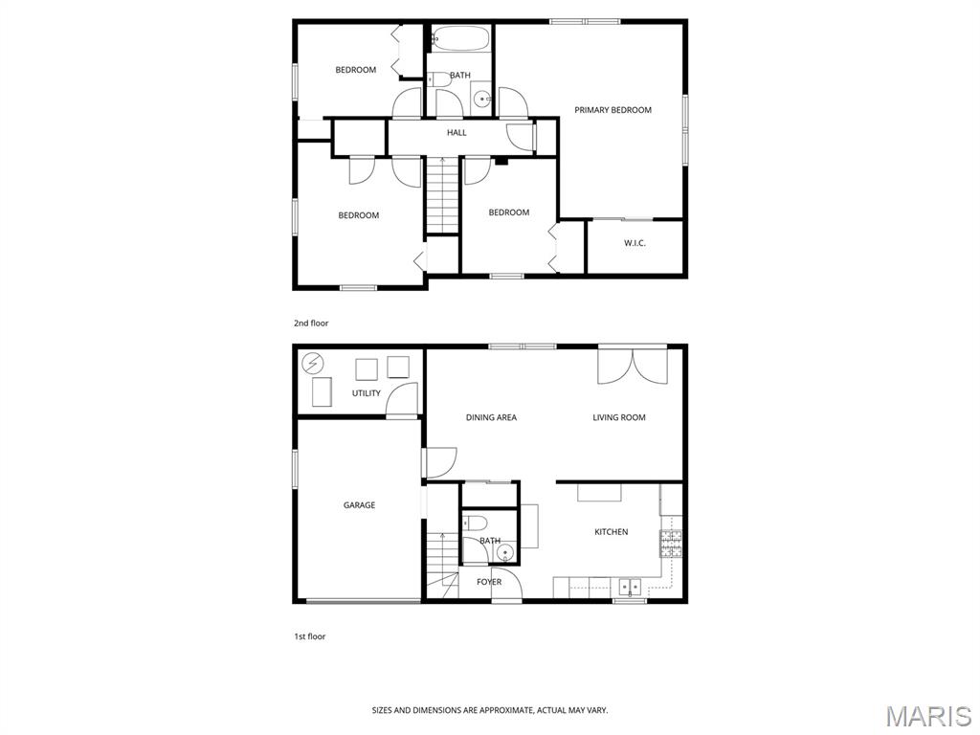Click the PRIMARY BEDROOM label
612,110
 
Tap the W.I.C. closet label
635,243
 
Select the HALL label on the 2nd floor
457,132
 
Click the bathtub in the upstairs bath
460,38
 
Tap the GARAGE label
360,505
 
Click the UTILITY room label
367,393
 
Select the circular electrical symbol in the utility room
313,363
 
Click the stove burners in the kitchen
670,544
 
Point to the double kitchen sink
631,588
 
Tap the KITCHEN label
612,532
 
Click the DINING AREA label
491,417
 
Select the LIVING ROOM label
619,417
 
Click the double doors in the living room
634,366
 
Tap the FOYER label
489,582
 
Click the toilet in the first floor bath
475,522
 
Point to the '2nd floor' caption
311,323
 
